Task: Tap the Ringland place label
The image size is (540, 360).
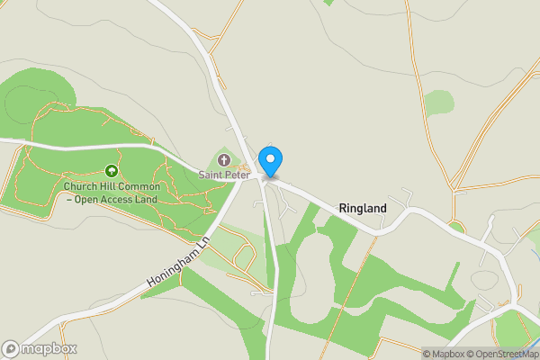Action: (363, 209)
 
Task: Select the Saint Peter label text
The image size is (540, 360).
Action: (224, 175)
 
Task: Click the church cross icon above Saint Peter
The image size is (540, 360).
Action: (224, 160)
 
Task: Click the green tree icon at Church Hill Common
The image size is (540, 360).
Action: (112, 170)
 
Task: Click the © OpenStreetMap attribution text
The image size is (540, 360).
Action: (502, 354)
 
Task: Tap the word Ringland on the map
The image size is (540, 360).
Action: (363, 209)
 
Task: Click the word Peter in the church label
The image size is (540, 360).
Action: (237, 175)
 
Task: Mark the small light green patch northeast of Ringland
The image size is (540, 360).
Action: (438, 102)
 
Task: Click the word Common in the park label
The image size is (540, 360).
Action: (139, 187)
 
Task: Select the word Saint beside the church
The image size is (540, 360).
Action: (211, 175)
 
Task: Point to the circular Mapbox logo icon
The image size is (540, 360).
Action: (11, 348)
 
